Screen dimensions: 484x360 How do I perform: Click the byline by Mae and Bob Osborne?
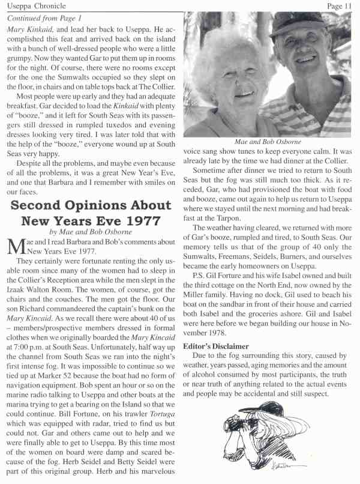click(x=88, y=232)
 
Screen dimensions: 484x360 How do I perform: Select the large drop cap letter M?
click(x=14, y=246)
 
